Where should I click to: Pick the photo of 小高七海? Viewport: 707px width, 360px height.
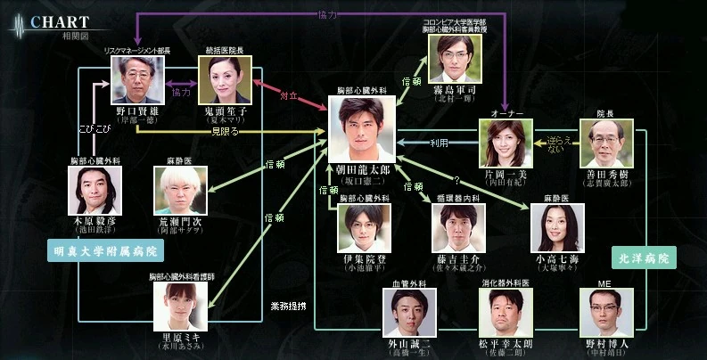coord(555,230)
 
